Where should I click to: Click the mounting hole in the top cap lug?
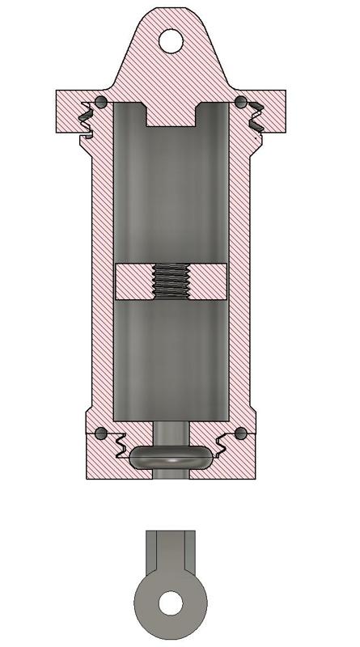tap(172, 40)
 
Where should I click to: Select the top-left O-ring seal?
tap(100, 101)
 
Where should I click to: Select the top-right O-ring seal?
tap(240, 101)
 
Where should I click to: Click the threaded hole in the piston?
tap(171, 282)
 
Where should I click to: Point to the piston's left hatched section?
tap(133, 282)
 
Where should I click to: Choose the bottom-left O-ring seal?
tap(100, 433)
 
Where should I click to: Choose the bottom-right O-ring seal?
tap(240, 433)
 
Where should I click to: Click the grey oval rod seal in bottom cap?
tap(171, 457)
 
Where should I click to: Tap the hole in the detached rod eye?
tap(171, 603)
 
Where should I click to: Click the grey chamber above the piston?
tap(171, 194)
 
